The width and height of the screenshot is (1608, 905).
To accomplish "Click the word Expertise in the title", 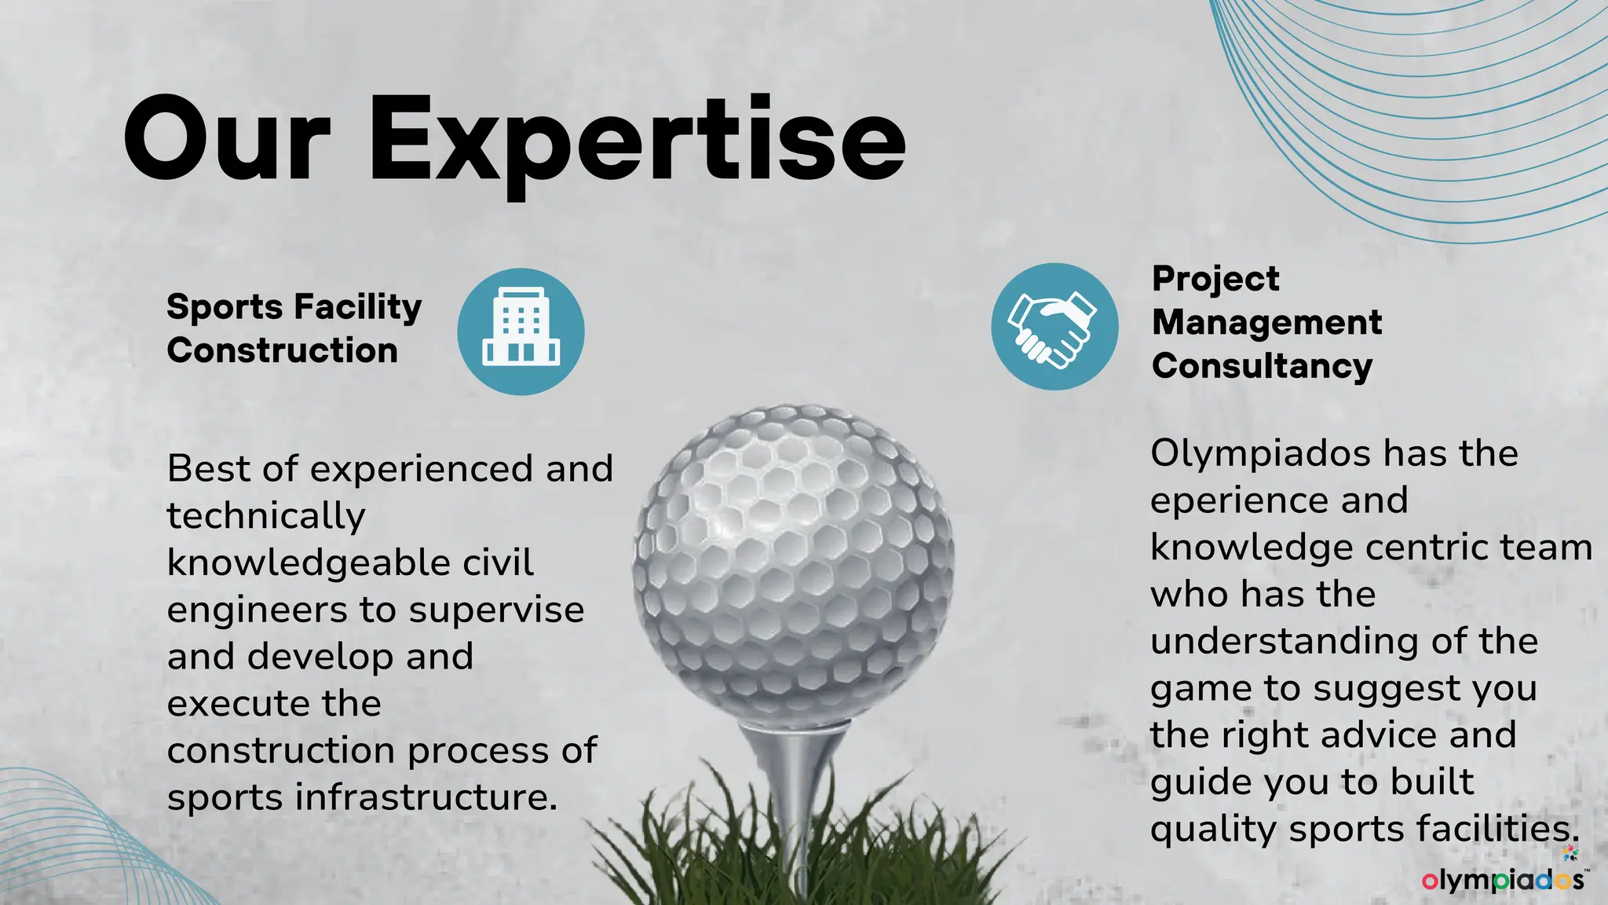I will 637,141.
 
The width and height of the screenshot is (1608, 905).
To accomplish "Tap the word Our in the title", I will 227,141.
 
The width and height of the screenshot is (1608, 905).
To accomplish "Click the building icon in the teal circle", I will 521,331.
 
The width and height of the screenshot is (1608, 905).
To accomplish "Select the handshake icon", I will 1054,326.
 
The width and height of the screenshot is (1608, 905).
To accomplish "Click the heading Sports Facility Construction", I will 294,328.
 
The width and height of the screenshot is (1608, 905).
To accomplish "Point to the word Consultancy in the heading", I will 1262,366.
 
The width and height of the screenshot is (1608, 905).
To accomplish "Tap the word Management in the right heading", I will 1266,322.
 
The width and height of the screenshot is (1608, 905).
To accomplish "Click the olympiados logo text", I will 1503,880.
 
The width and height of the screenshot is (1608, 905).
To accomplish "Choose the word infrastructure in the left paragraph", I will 425,797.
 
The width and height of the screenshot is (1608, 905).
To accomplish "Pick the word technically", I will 266,516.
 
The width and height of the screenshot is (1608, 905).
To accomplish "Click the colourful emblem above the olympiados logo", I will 1570,853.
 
